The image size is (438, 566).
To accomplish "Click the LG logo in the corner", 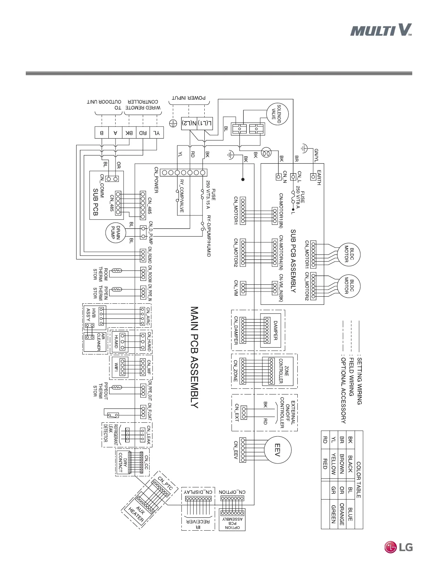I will (398, 547).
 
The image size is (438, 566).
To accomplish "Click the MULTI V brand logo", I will (381, 30).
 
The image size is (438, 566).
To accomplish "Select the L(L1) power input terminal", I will (205, 124).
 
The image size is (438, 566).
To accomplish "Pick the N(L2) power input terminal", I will (189, 124).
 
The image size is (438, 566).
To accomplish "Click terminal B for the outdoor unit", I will (102, 133).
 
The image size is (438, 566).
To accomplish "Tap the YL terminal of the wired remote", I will (157, 133).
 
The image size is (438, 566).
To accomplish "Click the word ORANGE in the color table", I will (342, 514).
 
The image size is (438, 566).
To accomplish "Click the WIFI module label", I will (116, 367).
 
